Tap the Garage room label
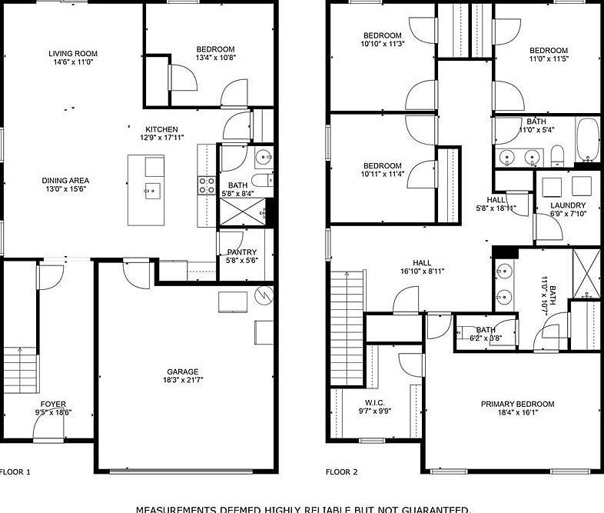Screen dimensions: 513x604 (x=182, y=371)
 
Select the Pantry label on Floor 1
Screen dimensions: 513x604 (x=241, y=252)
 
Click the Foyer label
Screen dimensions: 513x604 (x=53, y=404)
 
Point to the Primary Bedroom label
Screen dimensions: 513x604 (x=517, y=404)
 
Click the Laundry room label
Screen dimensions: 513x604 (x=568, y=205)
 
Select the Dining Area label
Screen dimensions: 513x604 (x=65, y=181)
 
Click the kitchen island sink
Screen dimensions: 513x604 (x=152, y=189)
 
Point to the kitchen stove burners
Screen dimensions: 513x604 (x=207, y=185)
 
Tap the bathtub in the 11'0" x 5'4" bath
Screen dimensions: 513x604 (x=588, y=141)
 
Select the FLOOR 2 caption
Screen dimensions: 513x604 (x=341, y=471)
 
